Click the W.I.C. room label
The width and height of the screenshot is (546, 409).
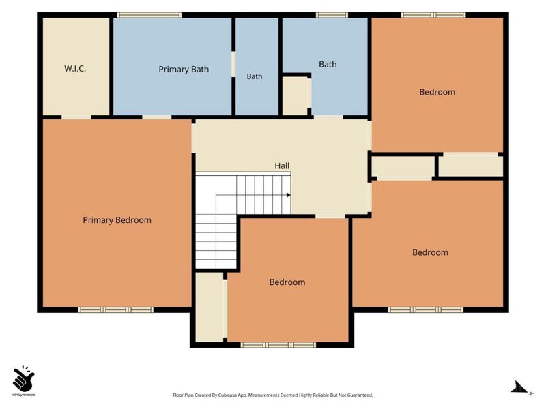coord(75,69)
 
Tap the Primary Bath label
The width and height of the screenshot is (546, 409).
coord(184,70)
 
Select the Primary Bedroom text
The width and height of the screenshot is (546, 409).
coord(117,220)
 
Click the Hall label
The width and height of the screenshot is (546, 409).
coord(282,166)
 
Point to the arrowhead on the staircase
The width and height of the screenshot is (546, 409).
coord(288,195)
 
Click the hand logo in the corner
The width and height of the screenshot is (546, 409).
coord(23,378)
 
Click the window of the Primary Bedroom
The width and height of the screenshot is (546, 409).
coord(115,309)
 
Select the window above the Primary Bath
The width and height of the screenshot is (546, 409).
coord(149,15)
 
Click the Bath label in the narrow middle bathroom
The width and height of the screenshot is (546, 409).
coord(255,76)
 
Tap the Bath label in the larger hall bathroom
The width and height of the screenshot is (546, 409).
coord(328,64)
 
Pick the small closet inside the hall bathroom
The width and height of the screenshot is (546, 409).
coord(295,95)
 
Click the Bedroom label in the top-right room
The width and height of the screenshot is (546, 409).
coord(437,92)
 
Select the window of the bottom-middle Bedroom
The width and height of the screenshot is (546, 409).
coord(278,345)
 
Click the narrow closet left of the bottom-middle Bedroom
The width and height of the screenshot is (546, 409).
coord(210,307)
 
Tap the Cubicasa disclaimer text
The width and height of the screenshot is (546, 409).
coord(272,395)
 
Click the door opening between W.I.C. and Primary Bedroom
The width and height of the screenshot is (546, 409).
coord(76,117)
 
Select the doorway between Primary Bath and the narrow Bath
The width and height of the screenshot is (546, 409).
coord(233,64)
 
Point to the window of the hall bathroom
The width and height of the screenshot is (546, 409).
coord(332,15)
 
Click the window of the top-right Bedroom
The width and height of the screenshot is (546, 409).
coord(433,15)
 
